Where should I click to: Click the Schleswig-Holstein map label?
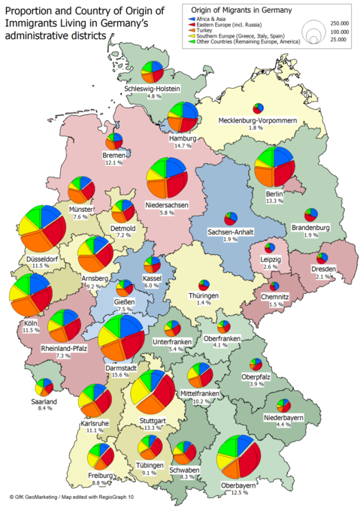[153, 88]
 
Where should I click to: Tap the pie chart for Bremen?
[113, 141]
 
